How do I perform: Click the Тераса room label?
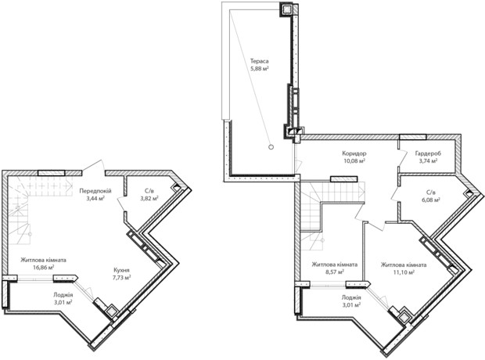pos(259,61)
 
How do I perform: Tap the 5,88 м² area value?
pos(259,69)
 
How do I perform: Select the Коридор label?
pos(354,153)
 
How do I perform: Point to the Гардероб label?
pos(428,153)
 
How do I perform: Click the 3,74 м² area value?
pos(428,160)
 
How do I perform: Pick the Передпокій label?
pos(95,191)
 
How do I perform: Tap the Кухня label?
pos(121,270)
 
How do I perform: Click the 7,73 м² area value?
pos(121,277)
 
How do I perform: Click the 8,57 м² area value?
pos(335,272)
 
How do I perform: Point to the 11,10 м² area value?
pos(404,272)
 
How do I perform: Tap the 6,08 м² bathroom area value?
pos(430,200)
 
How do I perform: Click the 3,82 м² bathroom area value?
pos(149,199)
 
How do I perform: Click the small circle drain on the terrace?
pos(271,147)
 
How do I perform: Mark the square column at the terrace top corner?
pos(287,9)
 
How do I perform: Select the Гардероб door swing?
pos(402,157)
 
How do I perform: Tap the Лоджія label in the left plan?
pos(63,295)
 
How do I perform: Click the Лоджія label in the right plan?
pos(351,297)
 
